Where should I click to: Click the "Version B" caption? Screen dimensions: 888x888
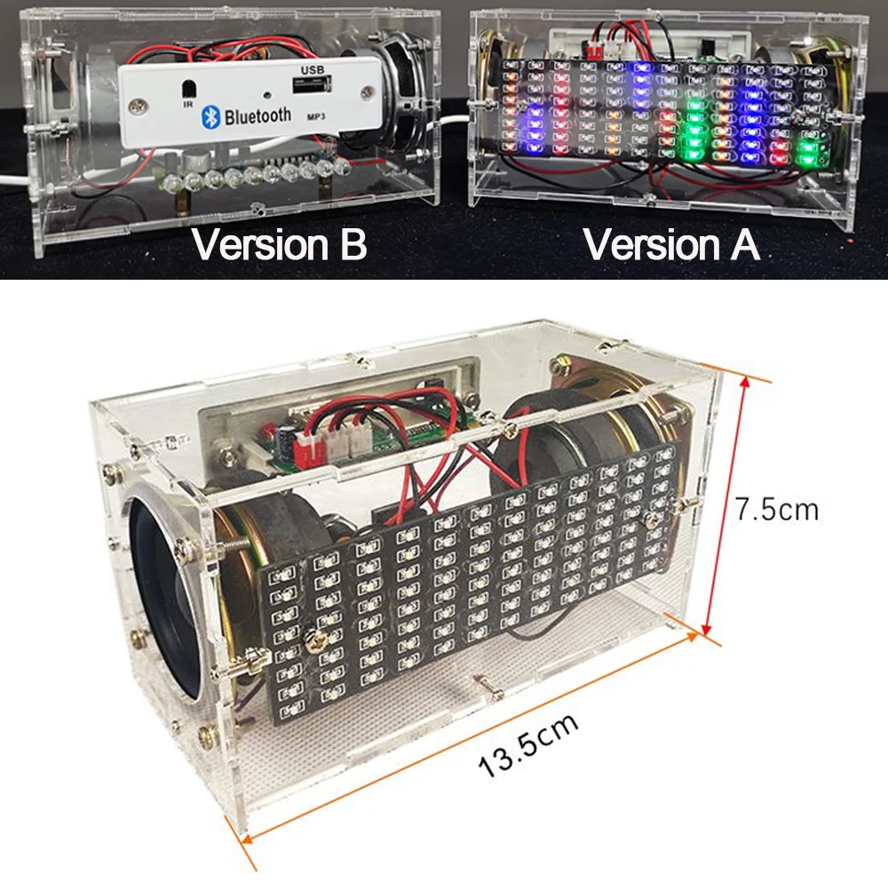(x=279, y=245)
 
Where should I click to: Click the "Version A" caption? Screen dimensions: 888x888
(x=671, y=245)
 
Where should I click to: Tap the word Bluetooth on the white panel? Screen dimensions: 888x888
(x=258, y=115)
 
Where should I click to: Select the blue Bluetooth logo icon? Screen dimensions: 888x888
(x=210, y=116)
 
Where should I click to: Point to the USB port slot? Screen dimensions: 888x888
(x=312, y=85)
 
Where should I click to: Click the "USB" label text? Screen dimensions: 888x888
(x=313, y=69)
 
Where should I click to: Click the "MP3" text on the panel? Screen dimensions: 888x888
(x=316, y=116)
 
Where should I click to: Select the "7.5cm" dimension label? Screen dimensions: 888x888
(x=777, y=509)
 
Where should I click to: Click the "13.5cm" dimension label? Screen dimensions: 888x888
(x=528, y=745)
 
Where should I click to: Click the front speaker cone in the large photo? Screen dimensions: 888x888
(x=164, y=598)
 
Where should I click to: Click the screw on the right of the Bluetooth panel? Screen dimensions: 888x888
(x=368, y=91)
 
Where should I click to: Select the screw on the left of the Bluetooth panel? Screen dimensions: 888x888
(x=137, y=106)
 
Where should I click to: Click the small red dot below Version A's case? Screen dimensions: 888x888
(x=851, y=242)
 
